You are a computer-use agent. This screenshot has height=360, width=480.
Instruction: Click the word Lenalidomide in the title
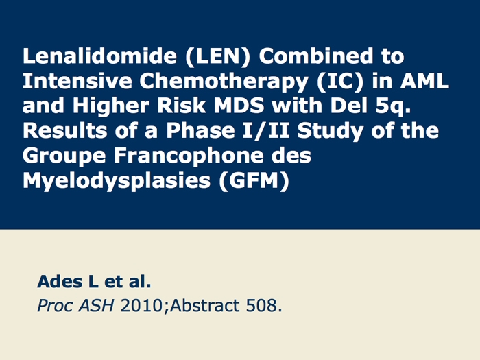coord(99,56)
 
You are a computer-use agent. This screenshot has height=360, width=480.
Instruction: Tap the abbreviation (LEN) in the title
coord(217,56)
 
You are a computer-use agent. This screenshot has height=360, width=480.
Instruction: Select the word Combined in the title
coord(316,56)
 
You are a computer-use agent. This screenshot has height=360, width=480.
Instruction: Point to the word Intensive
coord(77,81)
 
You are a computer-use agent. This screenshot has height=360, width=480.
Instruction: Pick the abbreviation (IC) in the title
coord(340,82)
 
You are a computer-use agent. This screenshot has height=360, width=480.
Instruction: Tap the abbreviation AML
coord(424,81)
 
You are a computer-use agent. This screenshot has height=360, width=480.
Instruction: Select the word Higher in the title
coord(111,106)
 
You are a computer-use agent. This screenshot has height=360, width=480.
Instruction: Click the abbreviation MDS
coord(239,106)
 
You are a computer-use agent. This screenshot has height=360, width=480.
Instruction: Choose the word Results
coord(65,131)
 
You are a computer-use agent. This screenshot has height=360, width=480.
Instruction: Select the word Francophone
coord(189,156)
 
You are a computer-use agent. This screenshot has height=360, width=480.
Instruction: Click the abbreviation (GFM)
coord(254,181)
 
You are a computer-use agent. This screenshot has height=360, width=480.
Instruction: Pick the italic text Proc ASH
coord(75,305)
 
